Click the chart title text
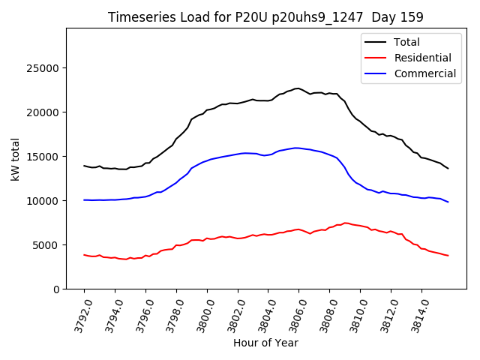(x=265, y=17)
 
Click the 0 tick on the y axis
(x=56, y=289)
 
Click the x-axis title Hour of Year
(x=265, y=343)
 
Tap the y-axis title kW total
(x=16, y=159)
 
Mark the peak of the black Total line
(x=297, y=88)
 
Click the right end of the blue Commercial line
(x=448, y=202)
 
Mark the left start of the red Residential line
(x=84, y=255)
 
